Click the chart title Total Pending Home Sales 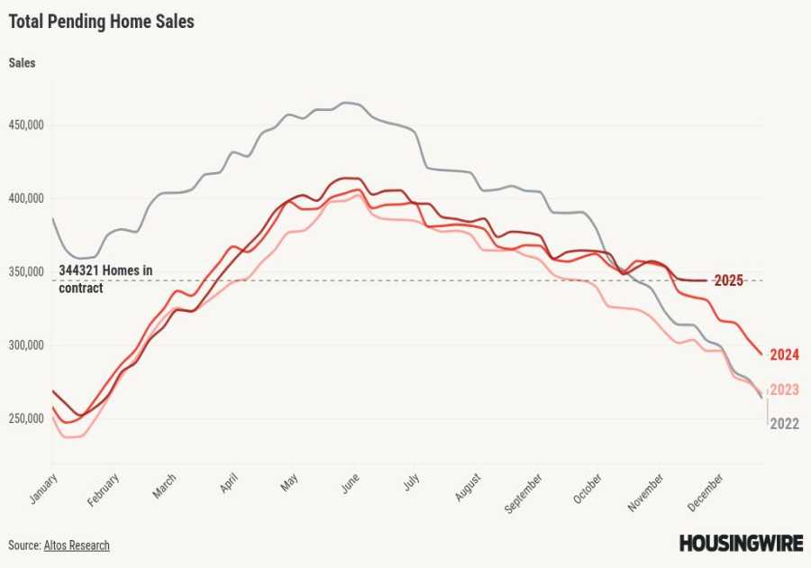point(101,22)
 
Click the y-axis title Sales point(23,63)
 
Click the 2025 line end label point(728,280)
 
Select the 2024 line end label point(785,354)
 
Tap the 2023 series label point(784,389)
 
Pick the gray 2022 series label point(784,424)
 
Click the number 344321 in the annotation point(82,270)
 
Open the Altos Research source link point(77,545)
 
